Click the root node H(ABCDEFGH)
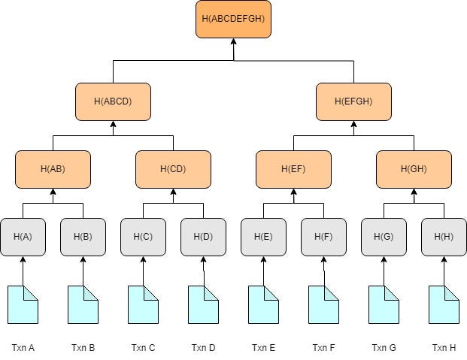tap(233, 19)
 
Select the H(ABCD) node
tap(113, 101)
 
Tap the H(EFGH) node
tap(353, 101)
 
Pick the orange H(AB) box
tap(53, 169)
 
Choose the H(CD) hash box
tap(173, 169)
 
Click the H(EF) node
tap(293, 169)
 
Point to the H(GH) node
tap(414, 169)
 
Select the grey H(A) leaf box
tap(23, 237)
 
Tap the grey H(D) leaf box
tap(203, 237)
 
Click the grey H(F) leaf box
tap(323, 237)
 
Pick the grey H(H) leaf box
tap(444, 237)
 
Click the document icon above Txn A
tap(23, 304)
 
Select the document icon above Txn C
tap(143, 304)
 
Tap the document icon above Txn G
tap(384, 304)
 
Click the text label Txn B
tap(83, 347)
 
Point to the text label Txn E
tap(263, 347)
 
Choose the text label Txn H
tap(444, 347)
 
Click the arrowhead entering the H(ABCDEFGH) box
tap(233, 42)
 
